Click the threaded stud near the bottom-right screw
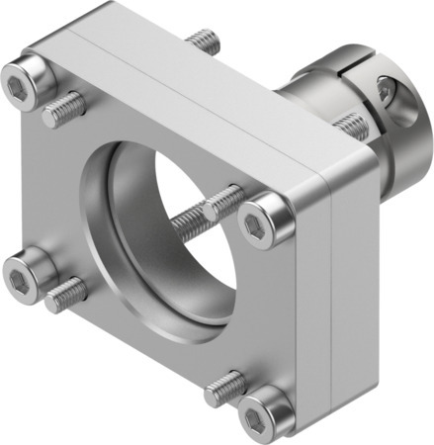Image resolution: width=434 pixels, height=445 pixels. tap(225, 388)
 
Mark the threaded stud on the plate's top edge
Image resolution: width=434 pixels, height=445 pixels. tap(203, 42)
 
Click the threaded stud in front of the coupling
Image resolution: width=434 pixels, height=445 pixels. tap(350, 124)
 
